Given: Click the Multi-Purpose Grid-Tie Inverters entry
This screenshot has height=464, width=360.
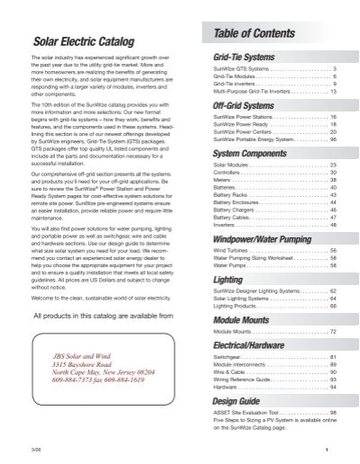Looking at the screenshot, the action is point(241,92).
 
